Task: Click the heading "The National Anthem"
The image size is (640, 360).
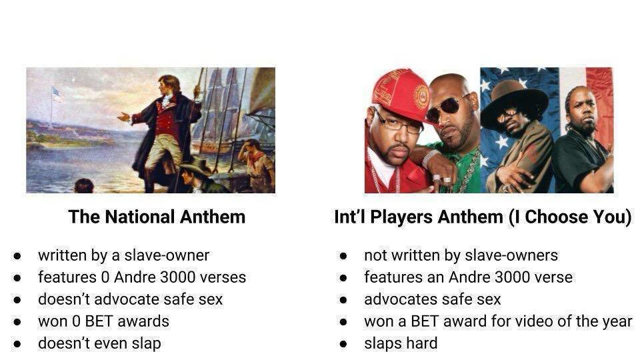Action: coord(157,217)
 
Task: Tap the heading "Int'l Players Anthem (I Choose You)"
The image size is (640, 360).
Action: coord(483,217)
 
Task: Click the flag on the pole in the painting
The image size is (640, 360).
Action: coord(57,95)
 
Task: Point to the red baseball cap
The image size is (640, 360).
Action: coord(400,95)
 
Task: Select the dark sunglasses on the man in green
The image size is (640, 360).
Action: coord(447,107)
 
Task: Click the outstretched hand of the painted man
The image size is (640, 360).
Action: coord(123,117)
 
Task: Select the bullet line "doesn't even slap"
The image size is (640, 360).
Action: coord(99,343)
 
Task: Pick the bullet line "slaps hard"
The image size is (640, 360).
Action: coord(401,343)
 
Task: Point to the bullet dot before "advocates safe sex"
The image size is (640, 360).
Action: coord(343,300)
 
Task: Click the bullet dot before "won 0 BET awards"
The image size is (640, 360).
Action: coord(17,322)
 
